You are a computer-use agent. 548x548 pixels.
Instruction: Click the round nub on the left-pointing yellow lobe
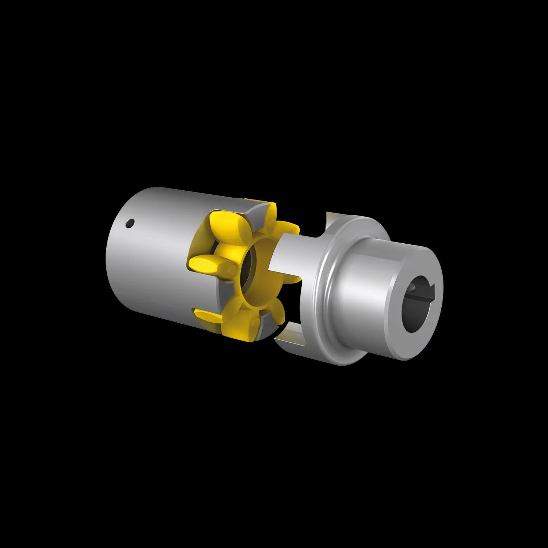click(232, 270)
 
